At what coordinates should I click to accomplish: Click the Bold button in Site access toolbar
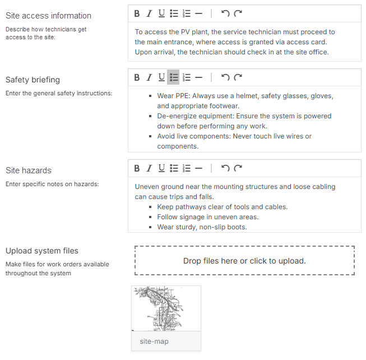[137, 13]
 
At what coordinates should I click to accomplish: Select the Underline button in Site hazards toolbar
[161, 168]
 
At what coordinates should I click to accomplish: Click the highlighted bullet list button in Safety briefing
[174, 77]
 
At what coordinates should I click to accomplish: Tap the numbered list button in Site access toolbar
[187, 13]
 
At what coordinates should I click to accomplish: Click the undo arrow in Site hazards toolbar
[225, 168]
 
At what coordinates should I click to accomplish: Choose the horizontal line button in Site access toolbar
[198, 13]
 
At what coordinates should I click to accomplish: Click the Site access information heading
[48, 16]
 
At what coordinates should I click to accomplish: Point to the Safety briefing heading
[33, 80]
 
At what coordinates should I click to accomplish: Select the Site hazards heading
[29, 170]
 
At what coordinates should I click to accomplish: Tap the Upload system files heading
[42, 251]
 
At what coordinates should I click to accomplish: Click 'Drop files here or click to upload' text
[244, 261]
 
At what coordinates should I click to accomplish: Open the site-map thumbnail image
[166, 308]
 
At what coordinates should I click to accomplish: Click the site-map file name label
[154, 341]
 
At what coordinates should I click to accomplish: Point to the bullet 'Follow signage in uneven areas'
[208, 217]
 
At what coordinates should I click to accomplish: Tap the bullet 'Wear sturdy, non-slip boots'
[202, 227]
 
